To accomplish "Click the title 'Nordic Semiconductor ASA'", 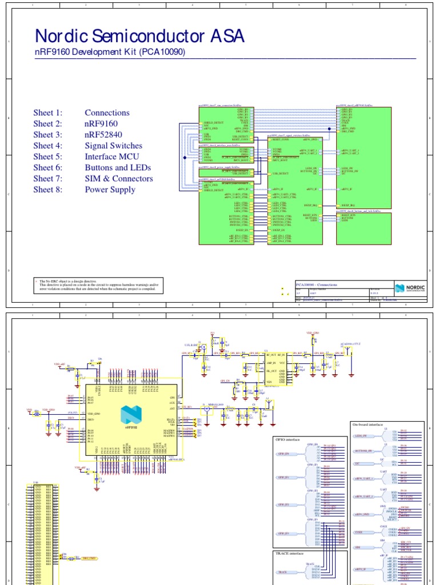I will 139,37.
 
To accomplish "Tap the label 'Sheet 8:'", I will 47,190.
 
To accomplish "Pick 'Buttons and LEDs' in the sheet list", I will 118,167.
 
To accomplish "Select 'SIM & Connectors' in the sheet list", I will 119,179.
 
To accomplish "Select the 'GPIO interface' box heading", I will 288,440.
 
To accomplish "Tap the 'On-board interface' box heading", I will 367,424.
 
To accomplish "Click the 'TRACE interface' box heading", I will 289,553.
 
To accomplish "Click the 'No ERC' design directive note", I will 97,286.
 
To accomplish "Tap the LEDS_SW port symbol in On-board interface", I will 361,436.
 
